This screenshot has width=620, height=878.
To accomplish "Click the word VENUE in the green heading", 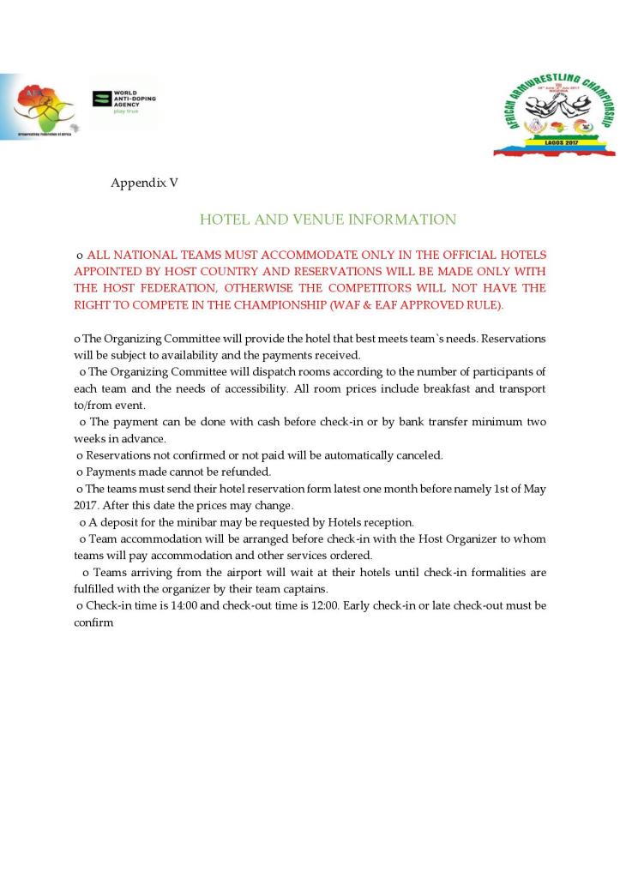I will (x=292, y=220).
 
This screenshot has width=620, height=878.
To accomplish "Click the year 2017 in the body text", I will (x=89, y=505).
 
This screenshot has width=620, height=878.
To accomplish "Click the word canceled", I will (x=416, y=454).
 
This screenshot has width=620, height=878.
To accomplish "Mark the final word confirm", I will (x=93, y=622).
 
